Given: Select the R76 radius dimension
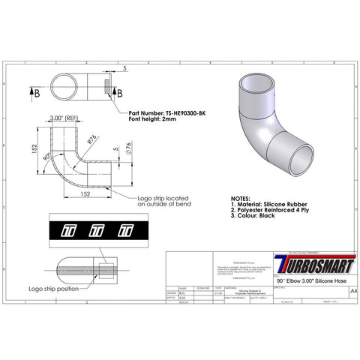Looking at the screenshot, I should coord(92,138).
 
